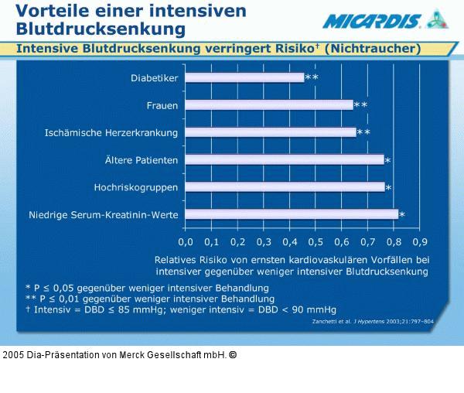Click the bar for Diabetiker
(244, 77)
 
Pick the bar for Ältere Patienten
(285, 160)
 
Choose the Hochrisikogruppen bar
(285, 187)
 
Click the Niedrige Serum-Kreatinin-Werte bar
(292, 214)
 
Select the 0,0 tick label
(186, 241)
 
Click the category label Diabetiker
(155, 77)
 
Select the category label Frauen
(162, 104)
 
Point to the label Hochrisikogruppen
(136, 187)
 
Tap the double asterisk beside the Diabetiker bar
(312, 77)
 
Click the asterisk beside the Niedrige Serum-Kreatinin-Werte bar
(402, 215)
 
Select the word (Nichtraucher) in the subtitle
(373, 49)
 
